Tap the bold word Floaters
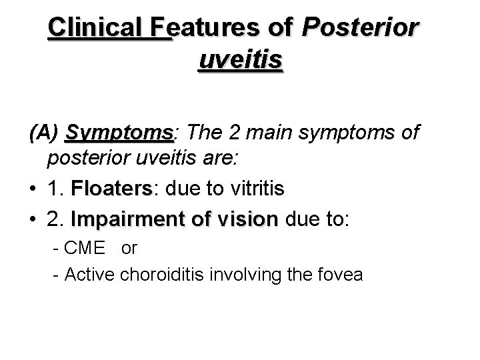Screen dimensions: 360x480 [x=111, y=189]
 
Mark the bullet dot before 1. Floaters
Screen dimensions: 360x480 [x=34, y=190]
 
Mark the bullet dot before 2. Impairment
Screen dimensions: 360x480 [x=34, y=219]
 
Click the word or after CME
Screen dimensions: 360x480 [x=129, y=248]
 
